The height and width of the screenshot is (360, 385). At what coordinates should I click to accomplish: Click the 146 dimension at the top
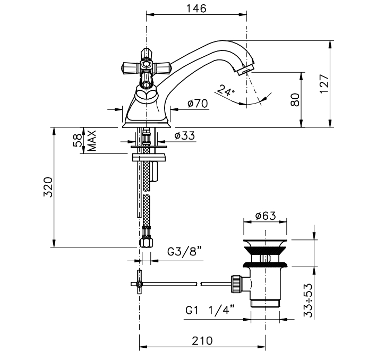pyautogui.click(x=196, y=8)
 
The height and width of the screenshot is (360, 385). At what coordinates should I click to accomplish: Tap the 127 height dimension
pyautogui.click(x=324, y=83)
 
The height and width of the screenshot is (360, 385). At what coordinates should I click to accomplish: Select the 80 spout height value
pyautogui.click(x=295, y=100)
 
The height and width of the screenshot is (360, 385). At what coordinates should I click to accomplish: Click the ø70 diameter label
pyautogui.click(x=198, y=104)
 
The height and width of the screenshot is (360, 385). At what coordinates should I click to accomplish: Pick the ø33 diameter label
pyautogui.click(x=185, y=135)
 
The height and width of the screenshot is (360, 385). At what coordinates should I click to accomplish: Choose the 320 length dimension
pyautogui.click(x=48, y=187)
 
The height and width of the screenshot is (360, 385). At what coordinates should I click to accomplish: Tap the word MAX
pyautogui.click(x=92, y=141)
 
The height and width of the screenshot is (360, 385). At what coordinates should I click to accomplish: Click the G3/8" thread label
pyautogui.click(x=185, y=251)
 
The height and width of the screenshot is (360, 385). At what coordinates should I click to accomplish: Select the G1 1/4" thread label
pyautogui.click(x=210, y=310)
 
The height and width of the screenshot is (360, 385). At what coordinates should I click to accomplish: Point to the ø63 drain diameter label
pyautogui.click(x=266, y=216)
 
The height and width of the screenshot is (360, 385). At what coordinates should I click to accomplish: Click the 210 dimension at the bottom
pyautogui.click(x=202, y=341)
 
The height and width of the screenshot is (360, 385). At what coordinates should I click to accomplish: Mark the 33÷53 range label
pyautogui.click(x=309, y=301)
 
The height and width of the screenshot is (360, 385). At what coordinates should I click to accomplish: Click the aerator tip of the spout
pyautogui.click(x=244, y=70)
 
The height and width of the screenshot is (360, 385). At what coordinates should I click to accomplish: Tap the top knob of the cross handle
pyautogui.click(x=147, y=54)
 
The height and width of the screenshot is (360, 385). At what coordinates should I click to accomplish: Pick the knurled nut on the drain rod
pyautogui.click(x=236, y=284)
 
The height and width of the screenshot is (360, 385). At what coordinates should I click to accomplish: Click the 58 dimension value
pyautogui.click(x=77, y=140)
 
